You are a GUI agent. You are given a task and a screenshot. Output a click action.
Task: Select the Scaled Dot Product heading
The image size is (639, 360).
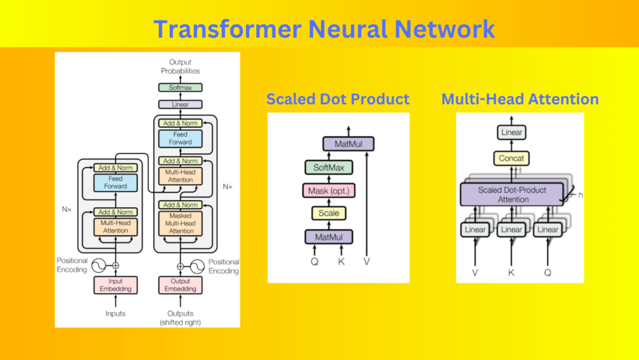pyautogui.click(x=337, y=99)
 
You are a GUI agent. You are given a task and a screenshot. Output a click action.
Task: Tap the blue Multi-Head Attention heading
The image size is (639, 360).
pyautogui.click(x=520, y=99)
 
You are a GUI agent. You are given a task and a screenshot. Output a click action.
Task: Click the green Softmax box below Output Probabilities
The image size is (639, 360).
pyautogui.click(x=180, y=88)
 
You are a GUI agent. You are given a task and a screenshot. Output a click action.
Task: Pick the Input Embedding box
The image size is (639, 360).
pyautogui.click(x=116, y=285)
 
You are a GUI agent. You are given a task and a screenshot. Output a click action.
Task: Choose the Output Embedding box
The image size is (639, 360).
pyautogui.click(x=180, y=285)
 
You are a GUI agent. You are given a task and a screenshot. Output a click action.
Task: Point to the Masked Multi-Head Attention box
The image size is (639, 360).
pyautogui.click(x=180, y=224)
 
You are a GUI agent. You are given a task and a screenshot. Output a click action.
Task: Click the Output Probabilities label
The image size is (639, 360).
pyautogui.click(x=180, y=66)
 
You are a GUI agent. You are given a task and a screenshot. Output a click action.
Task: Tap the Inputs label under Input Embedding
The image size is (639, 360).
pyautogui.click(x=116, y=313)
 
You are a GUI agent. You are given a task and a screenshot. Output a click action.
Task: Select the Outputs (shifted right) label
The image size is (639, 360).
pyautogui.click(x=180, y=318)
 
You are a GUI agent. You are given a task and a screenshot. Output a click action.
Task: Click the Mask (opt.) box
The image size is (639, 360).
pyautogui.click(x=328, y=191)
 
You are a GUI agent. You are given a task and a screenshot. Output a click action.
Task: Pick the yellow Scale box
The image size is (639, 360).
pyautogui.click(x=328, y=213)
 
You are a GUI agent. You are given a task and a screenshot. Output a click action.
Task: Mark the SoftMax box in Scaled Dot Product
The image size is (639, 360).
pyautogui.click(x=328, y=168)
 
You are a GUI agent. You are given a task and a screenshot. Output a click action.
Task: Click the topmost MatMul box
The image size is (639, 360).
pyautogui.click(x=348, y=144)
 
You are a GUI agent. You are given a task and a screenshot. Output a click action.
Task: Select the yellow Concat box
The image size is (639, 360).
pyautogui.click(x=511, y=158)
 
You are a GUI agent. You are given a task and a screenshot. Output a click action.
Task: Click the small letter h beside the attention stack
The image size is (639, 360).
pyautogui.click(x=580, y=194)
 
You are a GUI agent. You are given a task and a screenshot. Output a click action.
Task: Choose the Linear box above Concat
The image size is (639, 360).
pyautogui.click(x=511, y=132)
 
